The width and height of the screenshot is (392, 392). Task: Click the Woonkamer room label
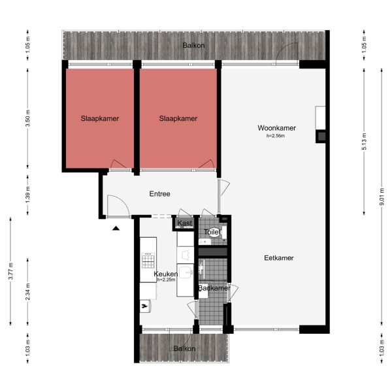[x=277, y=128]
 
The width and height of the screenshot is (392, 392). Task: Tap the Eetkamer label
[x=278, y=257]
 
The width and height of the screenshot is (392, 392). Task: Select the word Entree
[x=160, y=193]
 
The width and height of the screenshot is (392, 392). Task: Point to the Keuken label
[x=166, y=274]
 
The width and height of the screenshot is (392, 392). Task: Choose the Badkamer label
[x=214, y=288]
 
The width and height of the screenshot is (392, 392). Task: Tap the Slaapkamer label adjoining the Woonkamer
[x=178, y=118]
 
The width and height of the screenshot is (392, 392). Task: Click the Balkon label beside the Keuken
[x=184, y=349]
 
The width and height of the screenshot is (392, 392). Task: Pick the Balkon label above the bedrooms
[x=194, y=45]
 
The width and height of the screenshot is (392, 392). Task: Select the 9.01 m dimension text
[x=382, y=193]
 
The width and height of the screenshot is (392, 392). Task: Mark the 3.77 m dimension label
[x=11, y=271]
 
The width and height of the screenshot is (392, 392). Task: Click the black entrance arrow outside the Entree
[x=116, y=228]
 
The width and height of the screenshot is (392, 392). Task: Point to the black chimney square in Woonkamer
[x=320, y=136]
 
